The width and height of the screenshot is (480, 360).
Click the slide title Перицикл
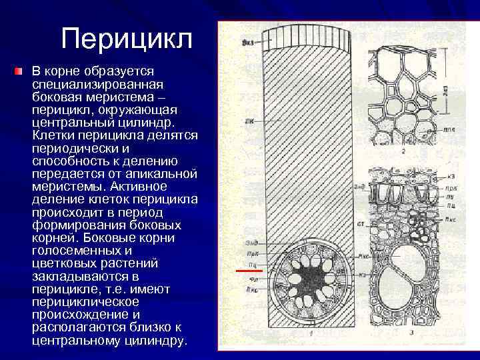coord(126,39)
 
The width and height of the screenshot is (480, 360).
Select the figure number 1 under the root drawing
coord(312,331)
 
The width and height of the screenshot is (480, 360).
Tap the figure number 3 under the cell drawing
coord(412,331)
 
